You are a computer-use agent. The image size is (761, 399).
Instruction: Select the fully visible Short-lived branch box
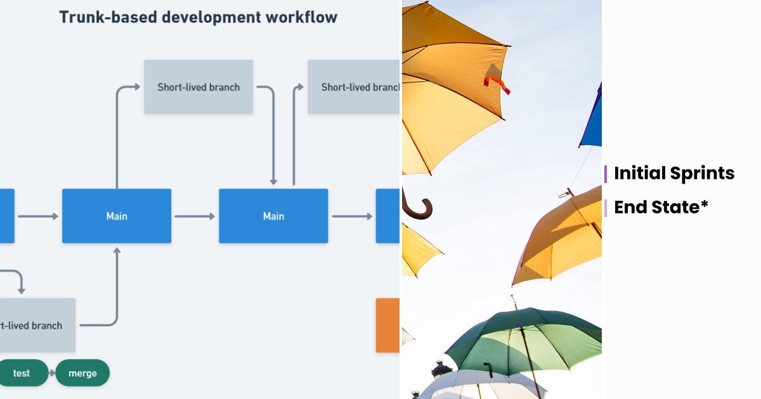tap(198, 87)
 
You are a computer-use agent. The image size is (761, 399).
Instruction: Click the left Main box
tap(117, 216)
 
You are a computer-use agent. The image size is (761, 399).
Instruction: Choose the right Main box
tap(273, 216)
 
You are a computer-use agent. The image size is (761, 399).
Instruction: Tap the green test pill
tap(22, 373)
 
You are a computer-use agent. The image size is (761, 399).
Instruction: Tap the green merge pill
tap(82, 373)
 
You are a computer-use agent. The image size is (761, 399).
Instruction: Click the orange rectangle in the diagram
tap(387, 325)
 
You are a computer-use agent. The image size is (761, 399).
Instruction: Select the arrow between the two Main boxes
tap(195, 216)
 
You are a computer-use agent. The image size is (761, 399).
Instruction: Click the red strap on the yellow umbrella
tap(497, 84)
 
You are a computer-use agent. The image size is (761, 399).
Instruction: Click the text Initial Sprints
tap(674, 174)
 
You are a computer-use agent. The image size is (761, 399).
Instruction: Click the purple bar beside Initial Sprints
tap(606, 174)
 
